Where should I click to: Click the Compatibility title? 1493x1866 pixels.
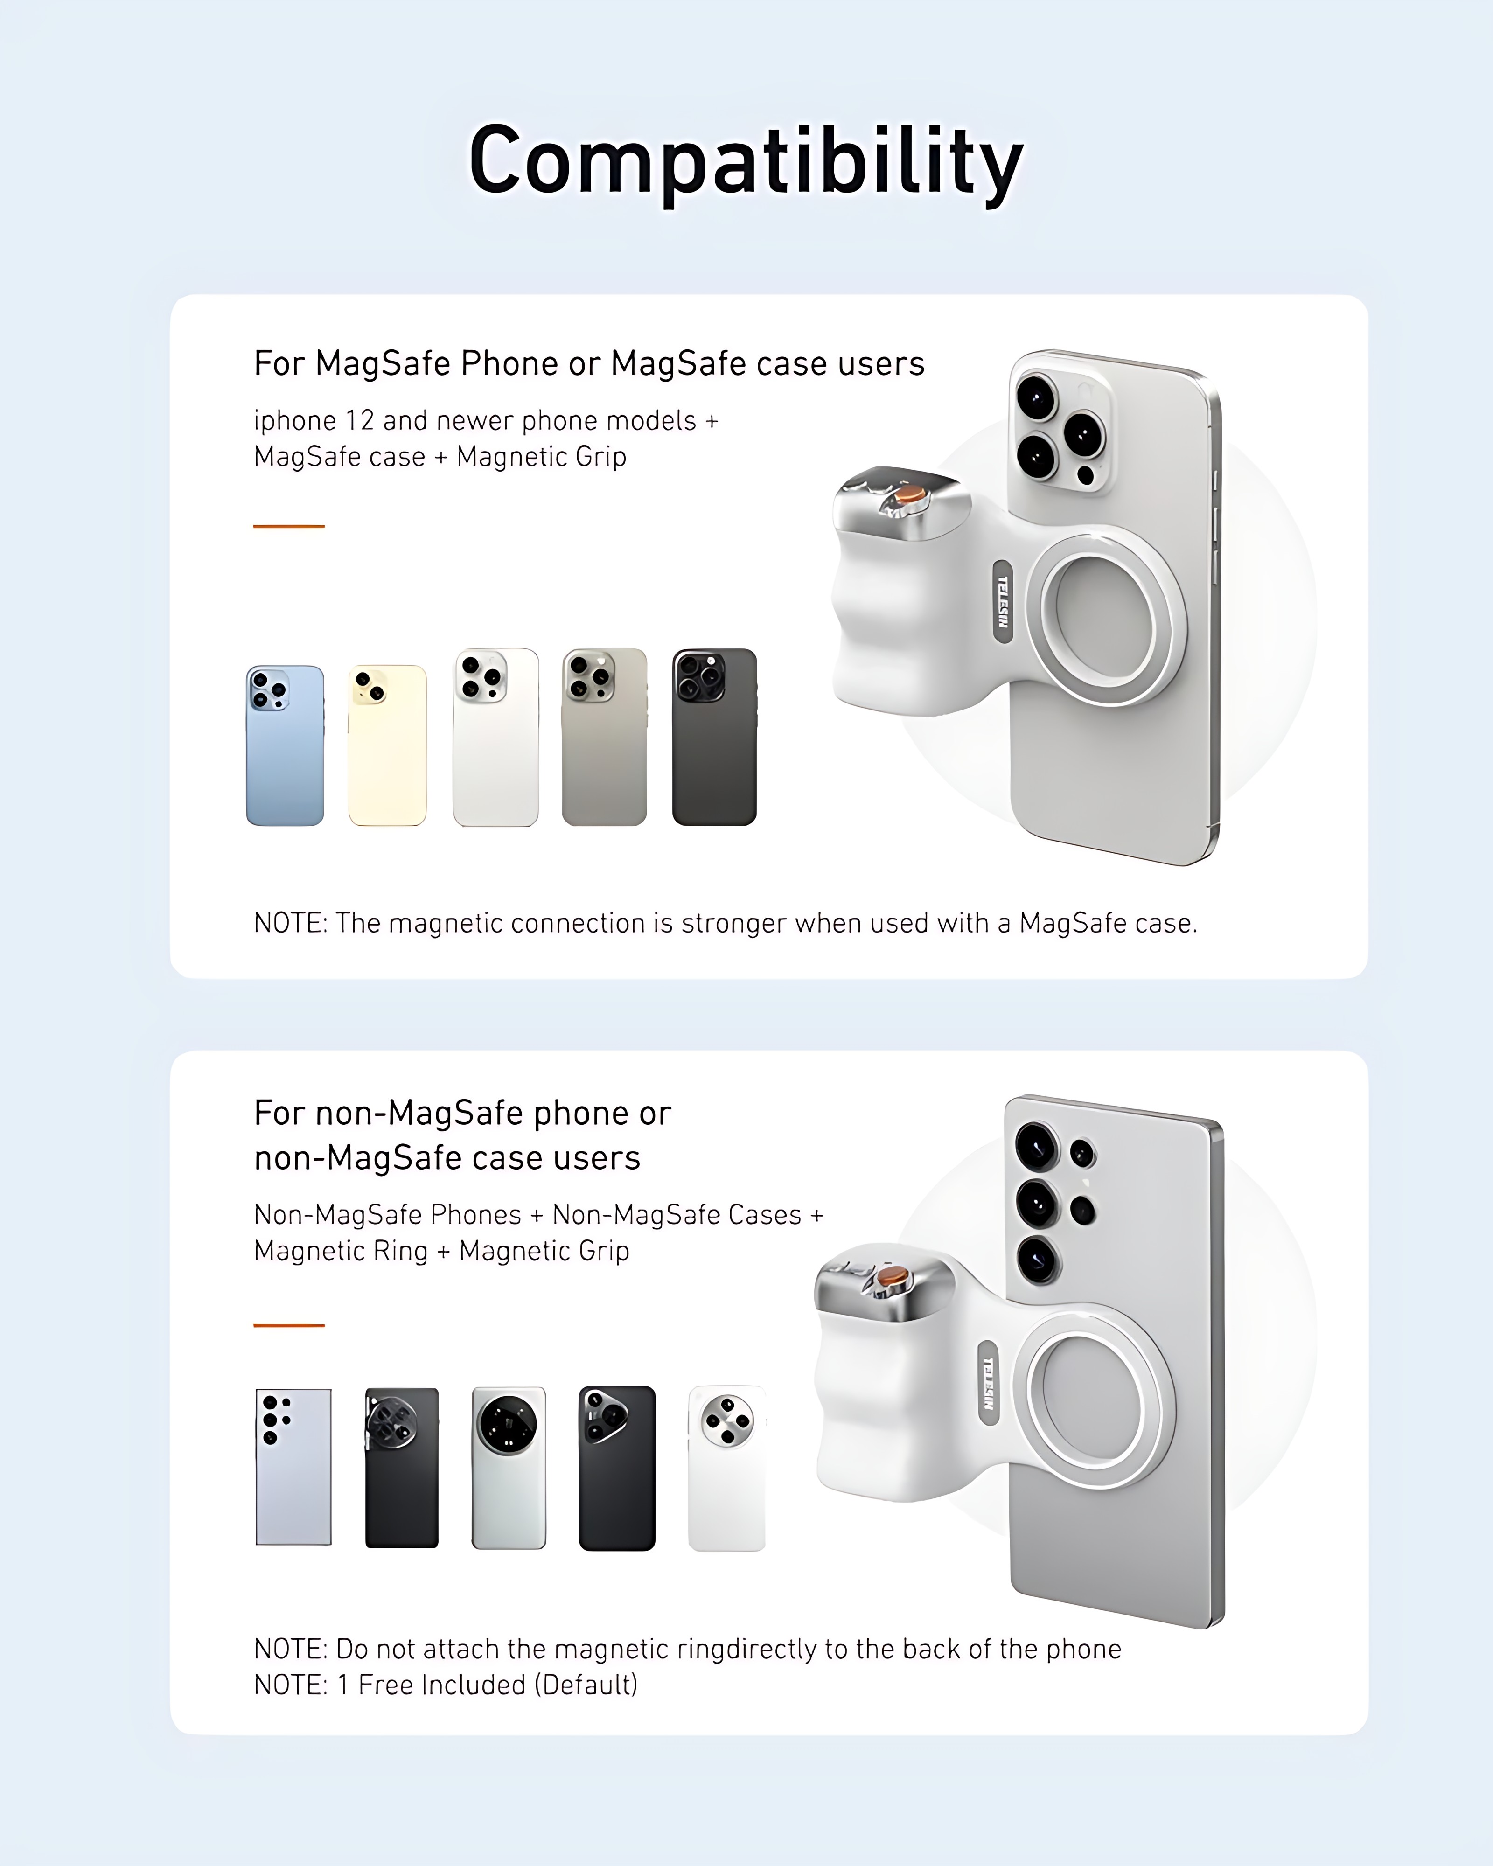[746, 163]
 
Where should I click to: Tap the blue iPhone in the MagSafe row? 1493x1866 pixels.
[285, 745]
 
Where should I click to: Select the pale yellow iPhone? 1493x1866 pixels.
[387, 745]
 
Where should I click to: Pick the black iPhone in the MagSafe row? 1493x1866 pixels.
[714, 737]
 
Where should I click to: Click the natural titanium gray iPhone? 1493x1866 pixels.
[604, 737]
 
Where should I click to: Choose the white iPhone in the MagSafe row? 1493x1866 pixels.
[495, 737]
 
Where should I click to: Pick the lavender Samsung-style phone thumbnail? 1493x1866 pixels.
[293, 1466]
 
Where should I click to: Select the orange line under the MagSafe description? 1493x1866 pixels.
[289, 525]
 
